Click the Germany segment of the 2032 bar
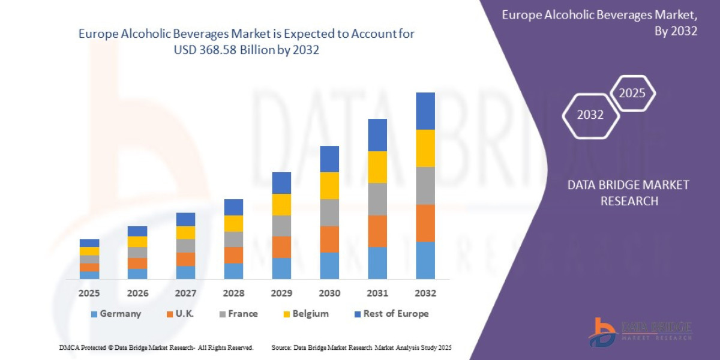click(x=425, y=260)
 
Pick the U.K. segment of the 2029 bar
click(x=281, y=247)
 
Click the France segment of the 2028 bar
click(x=233, y=239)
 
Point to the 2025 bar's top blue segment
click(x=89, y=243)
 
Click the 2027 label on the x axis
click(x=185, y=293)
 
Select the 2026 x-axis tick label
click(x=137, y=293)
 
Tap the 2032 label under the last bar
click(x=425, y=293)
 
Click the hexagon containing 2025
click(x=632, y=94)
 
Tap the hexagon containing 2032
click(x=590, y=115)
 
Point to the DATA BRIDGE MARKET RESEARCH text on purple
click(x=628, y=193)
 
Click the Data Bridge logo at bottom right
click(x=640, y=332)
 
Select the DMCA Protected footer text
click(x=156, y=348)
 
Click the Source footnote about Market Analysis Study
click(x=361, y=348)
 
